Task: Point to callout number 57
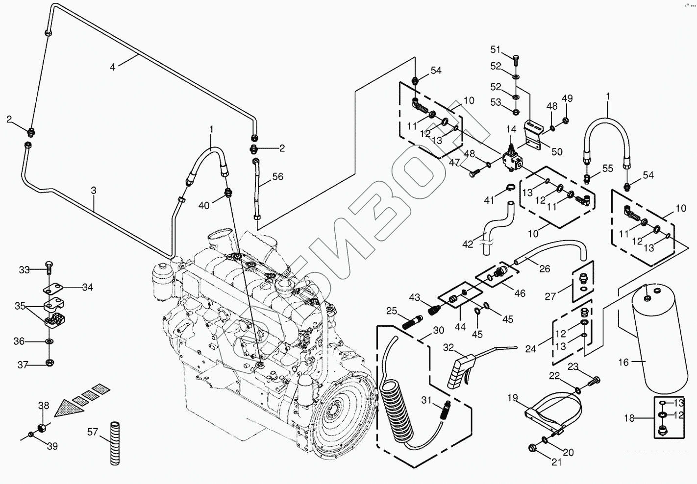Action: pyautogui.click(x=93, y=432)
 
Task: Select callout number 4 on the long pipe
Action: pyautogui.click(x=112, y=67)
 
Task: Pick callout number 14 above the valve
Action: pyautogui.click(x=511, y=129)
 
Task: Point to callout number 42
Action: pyautogui.click(x=468, y=244)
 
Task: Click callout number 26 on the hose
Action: pyautogui.click(x=545, y=268)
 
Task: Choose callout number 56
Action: pyautogui.click(x=278, y=176)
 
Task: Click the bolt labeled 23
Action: pyautogui.click(x=593, y=379)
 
